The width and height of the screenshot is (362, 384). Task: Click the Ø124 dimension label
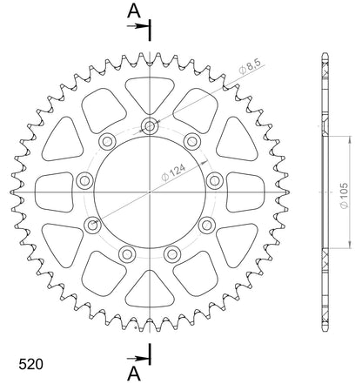pyautogui.click(x=173, y=173)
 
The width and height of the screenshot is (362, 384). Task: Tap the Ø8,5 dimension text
pyautogui.click(x=251, y=66)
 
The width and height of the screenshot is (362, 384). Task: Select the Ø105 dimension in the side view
pyautogui.click(x=344, y=196)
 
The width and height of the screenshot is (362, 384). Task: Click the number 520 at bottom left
pyautogui.click(x=30, y=364)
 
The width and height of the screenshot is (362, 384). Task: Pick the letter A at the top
pyautogui.click(x=134, y=10)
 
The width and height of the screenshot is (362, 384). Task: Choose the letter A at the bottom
pyautogui.click(x=134, y=374)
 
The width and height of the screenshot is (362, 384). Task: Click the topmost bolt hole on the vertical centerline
pyautogui.click(x=150, y=126)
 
